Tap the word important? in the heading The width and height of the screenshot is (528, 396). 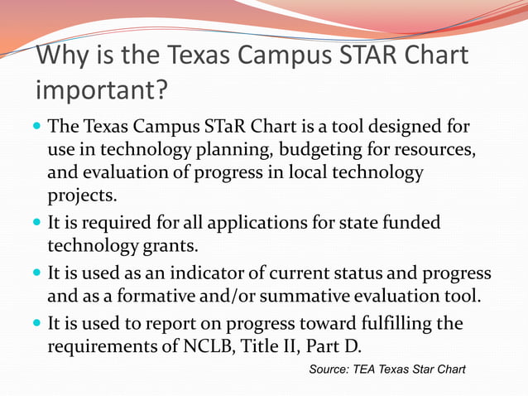click(101, 88)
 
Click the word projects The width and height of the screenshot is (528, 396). click(83, 196)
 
